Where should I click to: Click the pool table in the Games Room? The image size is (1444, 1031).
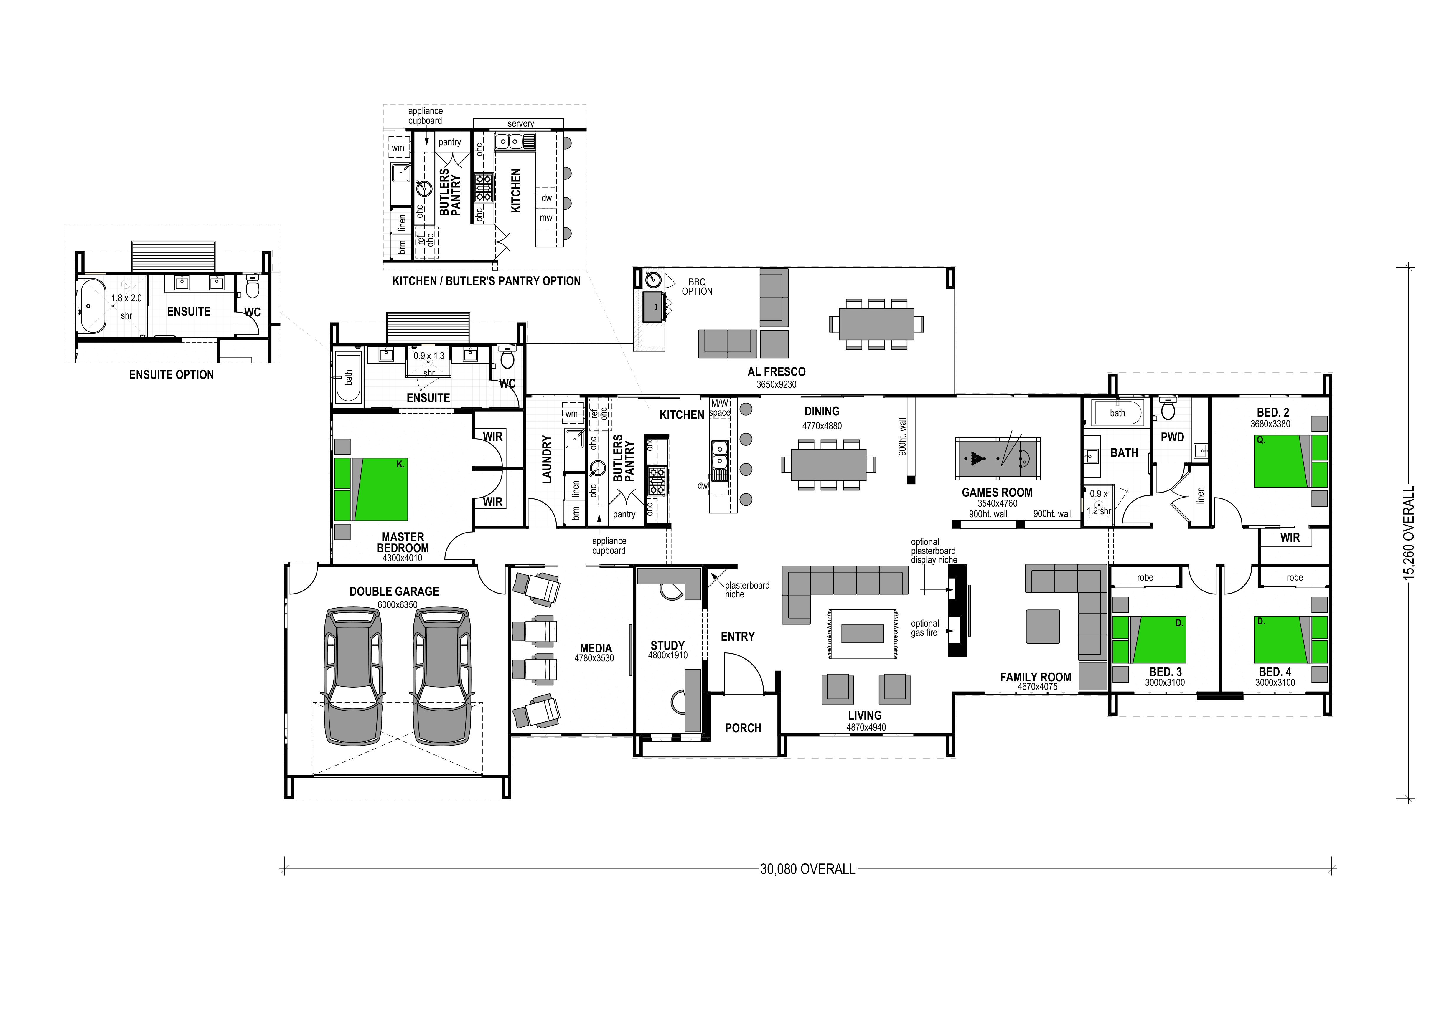point(997,458)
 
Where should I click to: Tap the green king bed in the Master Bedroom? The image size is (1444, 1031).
point(371,489)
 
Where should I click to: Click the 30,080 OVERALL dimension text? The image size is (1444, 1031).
point(808,868)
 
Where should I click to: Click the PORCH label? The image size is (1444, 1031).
point(743,728)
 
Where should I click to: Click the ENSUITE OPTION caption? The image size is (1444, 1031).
point(172,375)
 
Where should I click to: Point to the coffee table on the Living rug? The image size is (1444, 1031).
point(862,634)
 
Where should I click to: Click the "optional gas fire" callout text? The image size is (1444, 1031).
point(924,628)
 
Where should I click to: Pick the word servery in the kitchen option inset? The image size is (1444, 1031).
point(521,124)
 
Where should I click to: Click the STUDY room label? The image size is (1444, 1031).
point(667,646)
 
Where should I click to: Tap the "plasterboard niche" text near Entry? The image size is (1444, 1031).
point(747,590)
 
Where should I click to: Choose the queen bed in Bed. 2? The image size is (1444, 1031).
point(1290,461)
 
